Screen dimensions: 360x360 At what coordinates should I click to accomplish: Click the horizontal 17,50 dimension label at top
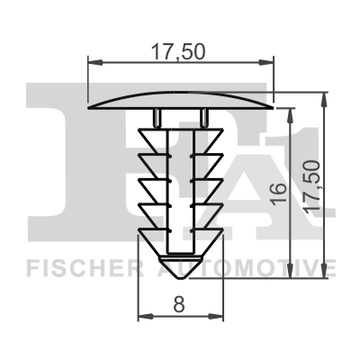(178, 51)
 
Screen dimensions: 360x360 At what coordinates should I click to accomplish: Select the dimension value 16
(278, 193)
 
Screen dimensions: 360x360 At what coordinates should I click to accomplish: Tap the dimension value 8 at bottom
(179, 304)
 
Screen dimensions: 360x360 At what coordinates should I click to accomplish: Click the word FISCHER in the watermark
(81, 268)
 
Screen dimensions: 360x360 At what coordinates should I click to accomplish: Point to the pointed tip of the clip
(180, 279)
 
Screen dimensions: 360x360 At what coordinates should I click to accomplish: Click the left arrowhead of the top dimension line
(95, 62)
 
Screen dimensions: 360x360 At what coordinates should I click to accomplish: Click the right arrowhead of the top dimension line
(266, 62)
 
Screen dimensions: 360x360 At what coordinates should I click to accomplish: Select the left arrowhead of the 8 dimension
(146, 316)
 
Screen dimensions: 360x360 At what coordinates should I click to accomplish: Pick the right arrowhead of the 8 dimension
(216, 316)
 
